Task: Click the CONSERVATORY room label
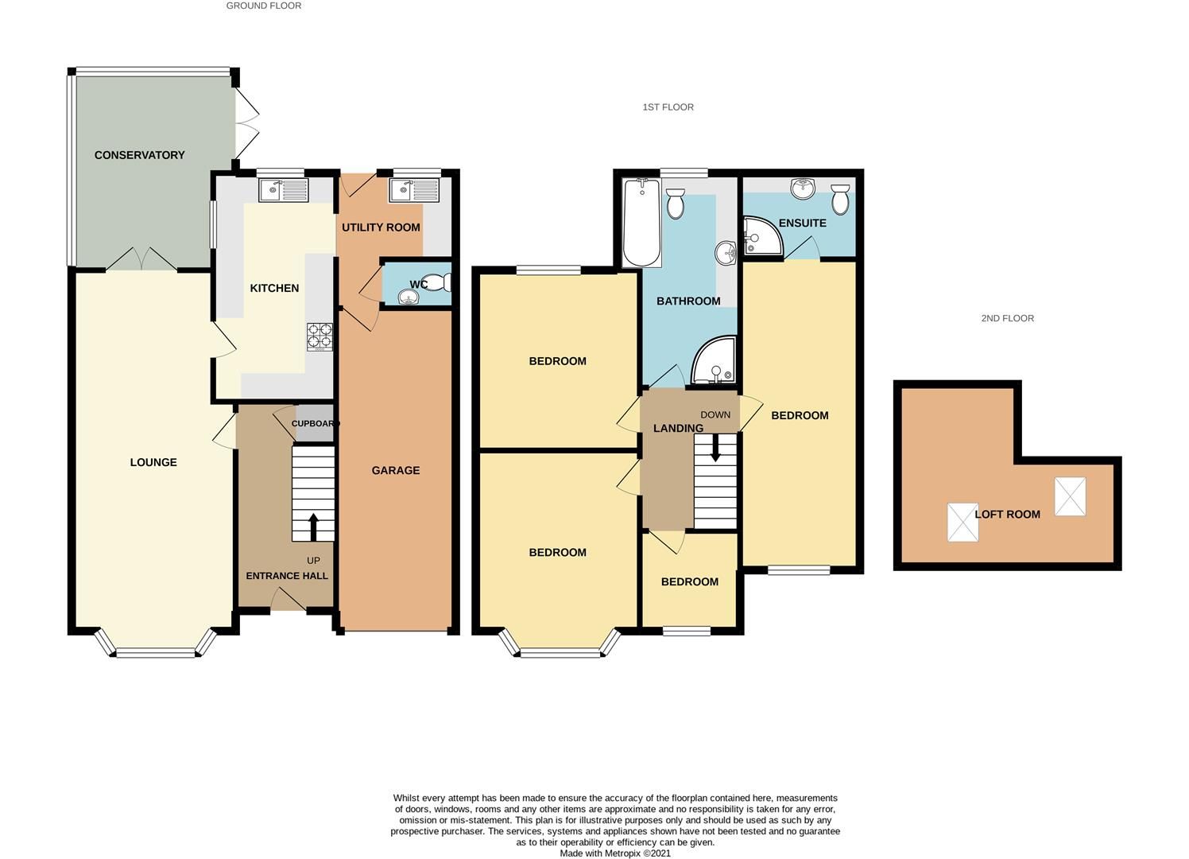pyautogui.click(x=139, y=155)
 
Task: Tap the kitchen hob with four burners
pyautogui.click(x=320, y=336)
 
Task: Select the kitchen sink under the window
pyautogui.click(x=284, y=190)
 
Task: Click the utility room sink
pyautogui.click(x=413, y=190)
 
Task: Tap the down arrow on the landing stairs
pyautogui.click(x=715, y=447)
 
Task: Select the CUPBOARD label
pyautogui.click(x=315, y=424)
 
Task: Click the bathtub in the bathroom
pyautogui.click(x=642, y=222)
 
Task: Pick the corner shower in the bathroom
pyautogui.click(x=714, y=363)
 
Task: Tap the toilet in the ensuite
pyautogui.click(x=840, y=198)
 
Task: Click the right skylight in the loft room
pyautogui.click(x=1070, y=496)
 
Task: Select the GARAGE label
pyautogui.click(x=396, y=471)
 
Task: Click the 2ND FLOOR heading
pyautogui.click(x=1007, y=318)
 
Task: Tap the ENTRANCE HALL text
pyautogui.click(x=287, y=576)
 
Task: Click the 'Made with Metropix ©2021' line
pyautogui.click(x=615, y=853)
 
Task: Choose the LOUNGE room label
pyautogui.click(x=153, y=463)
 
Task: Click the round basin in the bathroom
pyautogui.click(x=726, y=253)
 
